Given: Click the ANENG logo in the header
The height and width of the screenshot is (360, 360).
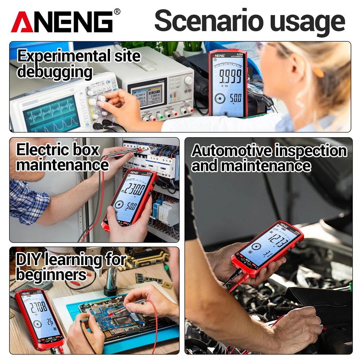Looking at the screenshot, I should (x=62, y=22).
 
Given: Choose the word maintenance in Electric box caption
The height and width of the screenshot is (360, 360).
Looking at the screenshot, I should (x=62, y=165).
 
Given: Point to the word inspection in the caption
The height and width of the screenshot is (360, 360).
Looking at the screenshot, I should (x=311, y=150).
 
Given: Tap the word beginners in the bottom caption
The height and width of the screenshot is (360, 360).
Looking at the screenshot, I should (x=51, y=275).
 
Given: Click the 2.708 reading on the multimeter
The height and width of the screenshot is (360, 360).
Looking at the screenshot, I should (x=38, y=307).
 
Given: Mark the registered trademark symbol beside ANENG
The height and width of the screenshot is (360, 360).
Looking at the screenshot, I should (x=117, y=12).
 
